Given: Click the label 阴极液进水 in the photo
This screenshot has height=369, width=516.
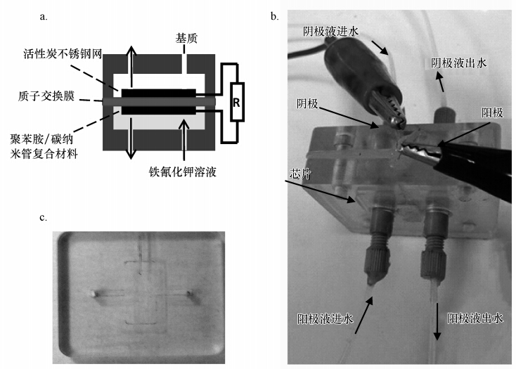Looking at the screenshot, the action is pyautogui.click(x=329, y=32).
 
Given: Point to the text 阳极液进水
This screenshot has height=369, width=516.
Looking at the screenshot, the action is pyautogui.click(x=325, y=318).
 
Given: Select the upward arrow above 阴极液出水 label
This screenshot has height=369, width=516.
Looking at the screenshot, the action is pyautogui.click(x=441, y=84).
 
